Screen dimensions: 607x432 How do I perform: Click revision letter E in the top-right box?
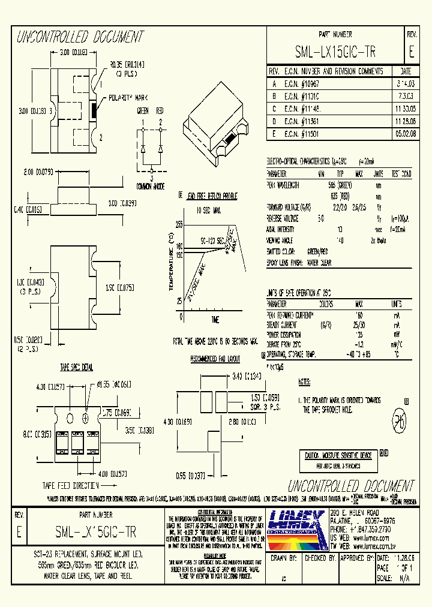[x=411, y=51]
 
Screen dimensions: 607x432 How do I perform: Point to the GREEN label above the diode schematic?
[x=143, y=111]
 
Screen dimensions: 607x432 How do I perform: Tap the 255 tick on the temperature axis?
[x=179, y=224]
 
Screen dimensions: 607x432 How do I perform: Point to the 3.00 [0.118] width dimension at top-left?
[x=74, y=53]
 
